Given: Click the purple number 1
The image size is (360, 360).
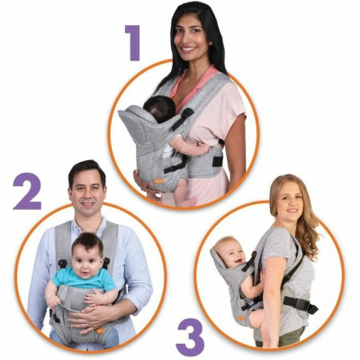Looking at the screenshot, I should [133, 41].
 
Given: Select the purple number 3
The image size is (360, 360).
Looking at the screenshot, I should [189, 336].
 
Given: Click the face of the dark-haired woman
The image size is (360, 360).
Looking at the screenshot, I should [193, 36].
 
